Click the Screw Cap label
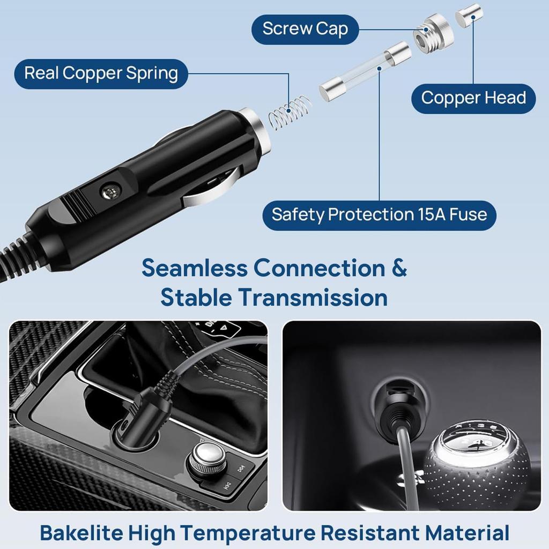[x=305, y=29]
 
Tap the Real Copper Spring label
[x=101, y=73]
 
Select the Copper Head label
[x=473, y=98]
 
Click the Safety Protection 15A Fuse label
[x=379, y=214]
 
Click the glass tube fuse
[x=365, y=72]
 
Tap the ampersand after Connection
[x=398, y=268]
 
